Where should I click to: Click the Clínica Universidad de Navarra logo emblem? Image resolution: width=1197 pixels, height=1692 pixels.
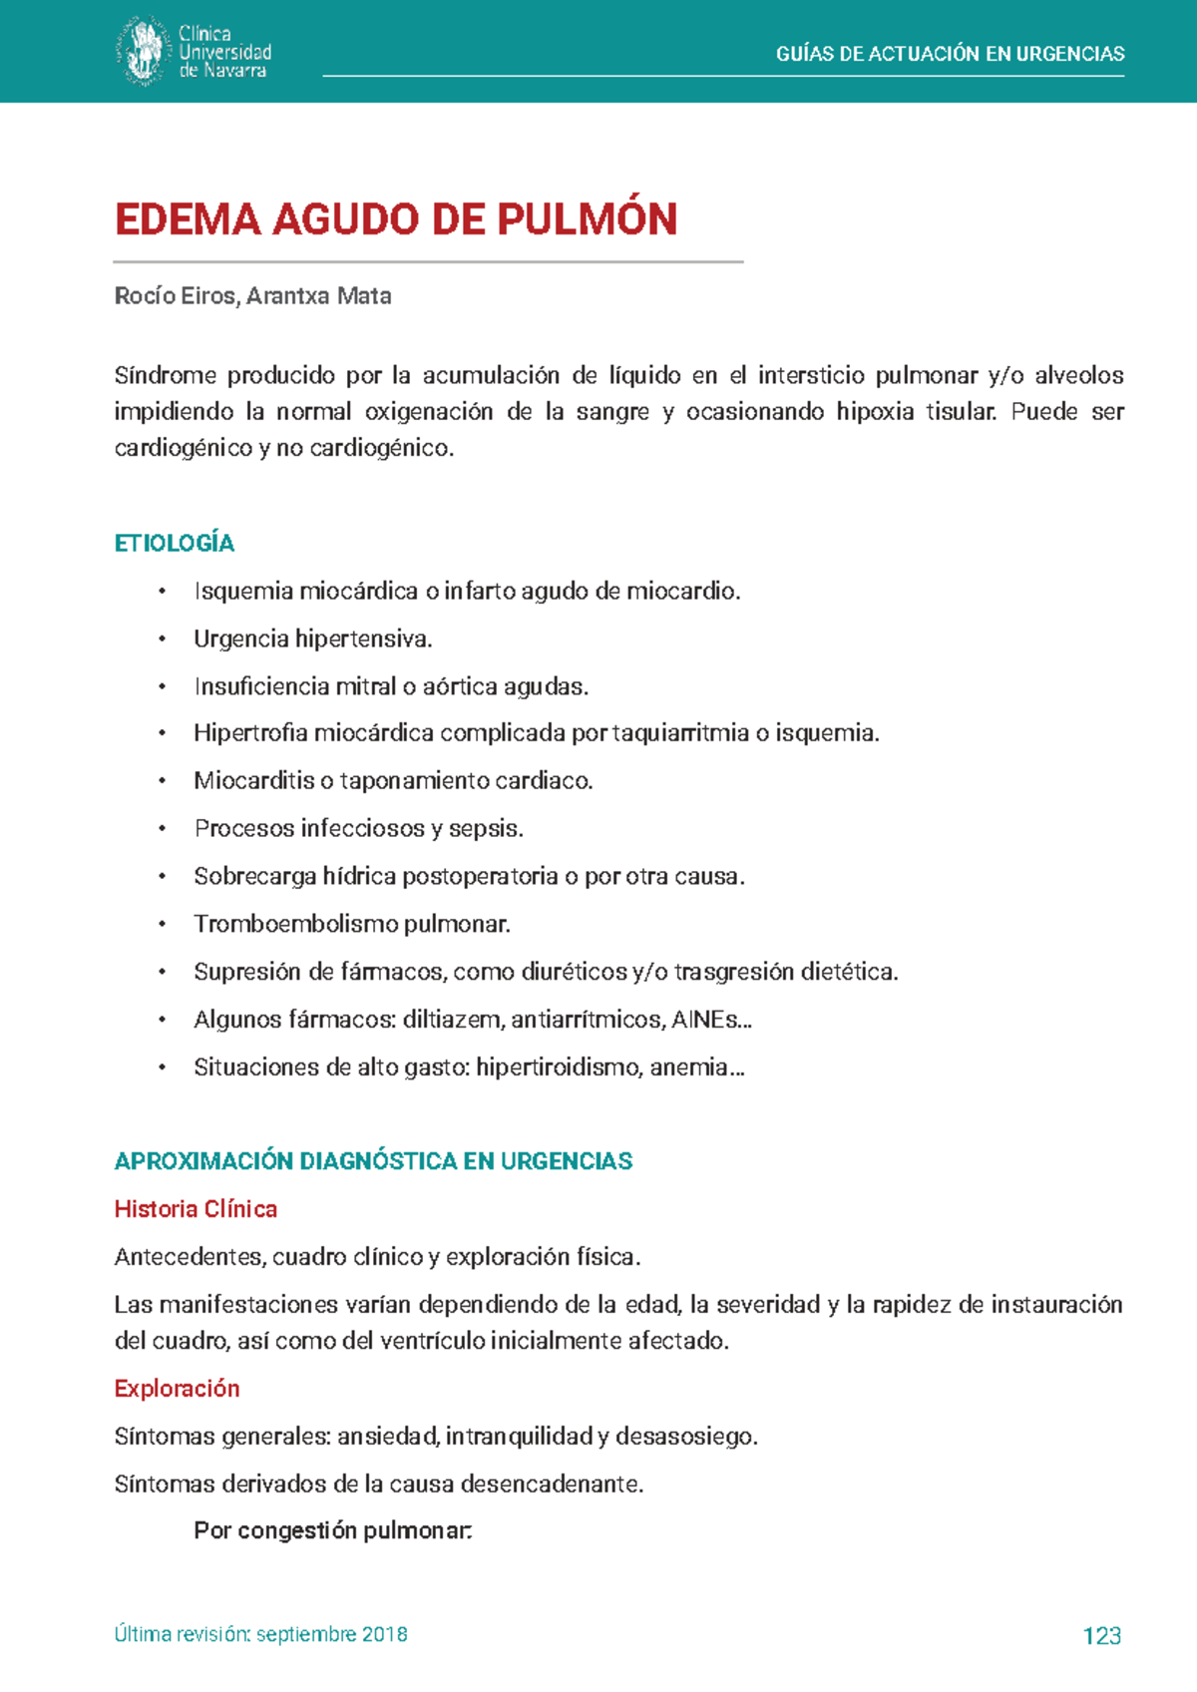(142, 51)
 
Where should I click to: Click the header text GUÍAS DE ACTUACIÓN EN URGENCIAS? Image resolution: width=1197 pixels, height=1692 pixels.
(950, 54)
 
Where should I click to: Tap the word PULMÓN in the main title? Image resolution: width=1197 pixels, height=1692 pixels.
(588, 219)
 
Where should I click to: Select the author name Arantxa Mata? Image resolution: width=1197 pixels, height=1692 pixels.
(319, 296)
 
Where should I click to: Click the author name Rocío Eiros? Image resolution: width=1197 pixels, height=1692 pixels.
(176, 296)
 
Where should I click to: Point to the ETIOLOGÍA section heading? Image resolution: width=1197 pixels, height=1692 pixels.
(175, 543)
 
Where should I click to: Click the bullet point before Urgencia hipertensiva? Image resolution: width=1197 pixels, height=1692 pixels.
(163, 639)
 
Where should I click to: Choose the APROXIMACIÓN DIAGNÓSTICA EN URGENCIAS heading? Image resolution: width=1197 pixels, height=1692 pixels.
(373, 1161)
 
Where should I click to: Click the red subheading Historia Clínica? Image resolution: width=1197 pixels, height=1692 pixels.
(196, 1209)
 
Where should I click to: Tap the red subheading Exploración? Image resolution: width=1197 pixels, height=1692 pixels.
(177, 1389)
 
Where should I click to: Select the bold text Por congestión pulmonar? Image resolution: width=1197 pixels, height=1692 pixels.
(332, 1530)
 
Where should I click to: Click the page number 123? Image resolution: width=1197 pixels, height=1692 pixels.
(1101, 1635)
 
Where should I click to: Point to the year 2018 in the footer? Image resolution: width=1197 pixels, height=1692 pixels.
(384, 1634)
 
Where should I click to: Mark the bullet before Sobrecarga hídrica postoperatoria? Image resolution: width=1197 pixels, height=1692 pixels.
(163, 877)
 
